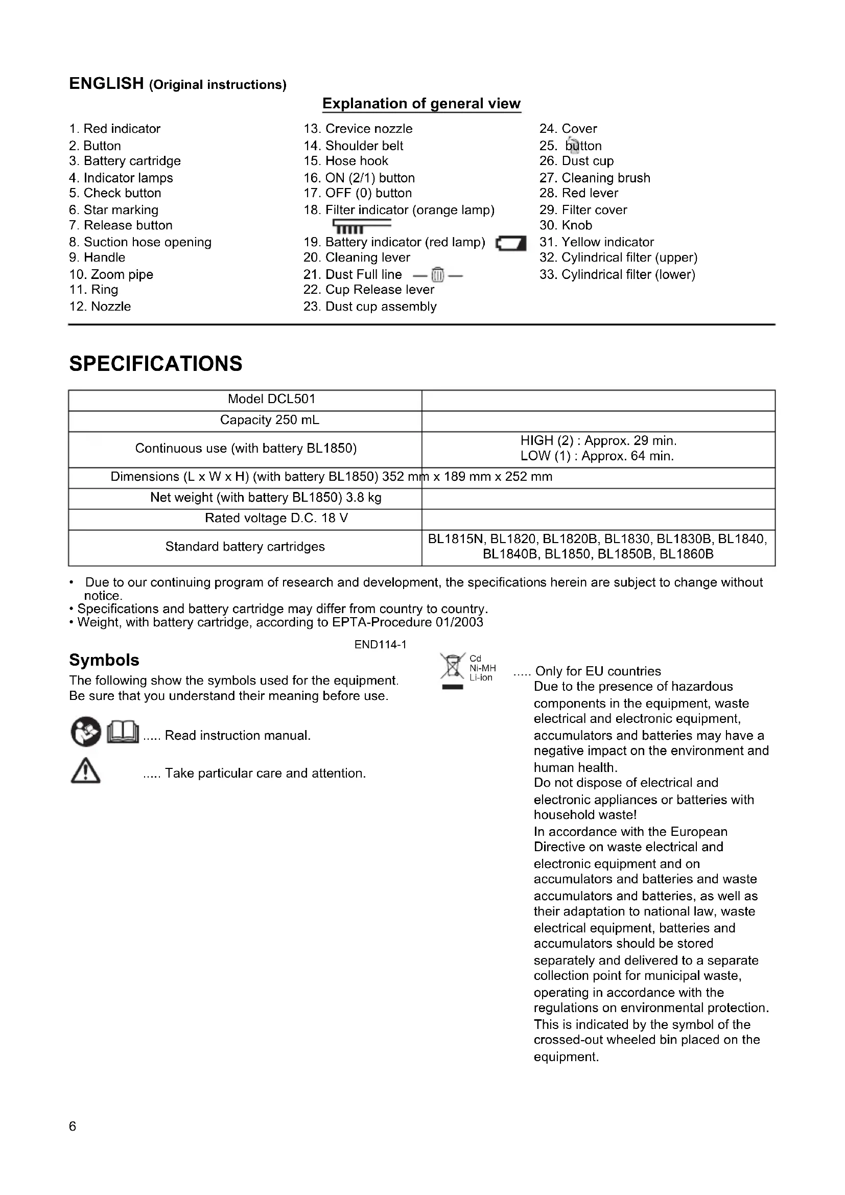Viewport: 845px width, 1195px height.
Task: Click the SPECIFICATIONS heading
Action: pyautogui.click(x=156, y=364)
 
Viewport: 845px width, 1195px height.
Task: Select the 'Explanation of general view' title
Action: pyautogui.click(x=421, y=104)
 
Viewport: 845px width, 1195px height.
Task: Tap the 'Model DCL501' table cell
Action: pyautogui.click(x=271, y=399)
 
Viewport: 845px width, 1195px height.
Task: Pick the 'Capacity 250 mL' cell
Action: pyautogui.click(x=270, y=420)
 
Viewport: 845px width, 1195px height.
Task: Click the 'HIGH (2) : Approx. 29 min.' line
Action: pyautogui.click(x=598, y=441)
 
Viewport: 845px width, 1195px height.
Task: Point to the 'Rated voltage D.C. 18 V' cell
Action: pyautogui.click(x=276, y=519)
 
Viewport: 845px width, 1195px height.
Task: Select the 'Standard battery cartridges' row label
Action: pyautogui.click(x=245, y=547)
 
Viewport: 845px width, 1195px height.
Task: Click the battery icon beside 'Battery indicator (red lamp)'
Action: pyautogui.click(x=511, y=243)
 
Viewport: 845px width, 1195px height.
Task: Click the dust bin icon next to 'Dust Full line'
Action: pyautogui.click(x=438, y=274)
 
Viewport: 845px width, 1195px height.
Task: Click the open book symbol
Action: pyautogui.click(x=123, y=733)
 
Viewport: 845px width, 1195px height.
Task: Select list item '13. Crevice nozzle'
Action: pyautogui.click(x=358, y=129)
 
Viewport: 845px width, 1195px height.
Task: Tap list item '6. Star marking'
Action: pyautogui.click(x=113, y=210)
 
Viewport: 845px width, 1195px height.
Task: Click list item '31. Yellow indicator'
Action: pyautogui.click(x=596, y=242)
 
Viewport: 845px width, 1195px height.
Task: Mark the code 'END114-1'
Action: pyautogui.click(x=381, y=645)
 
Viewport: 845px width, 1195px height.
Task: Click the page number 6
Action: pyautogui.click(x=73, y=1127)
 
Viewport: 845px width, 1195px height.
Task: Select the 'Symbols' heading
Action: pyautogui.click(x=104, y=660)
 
